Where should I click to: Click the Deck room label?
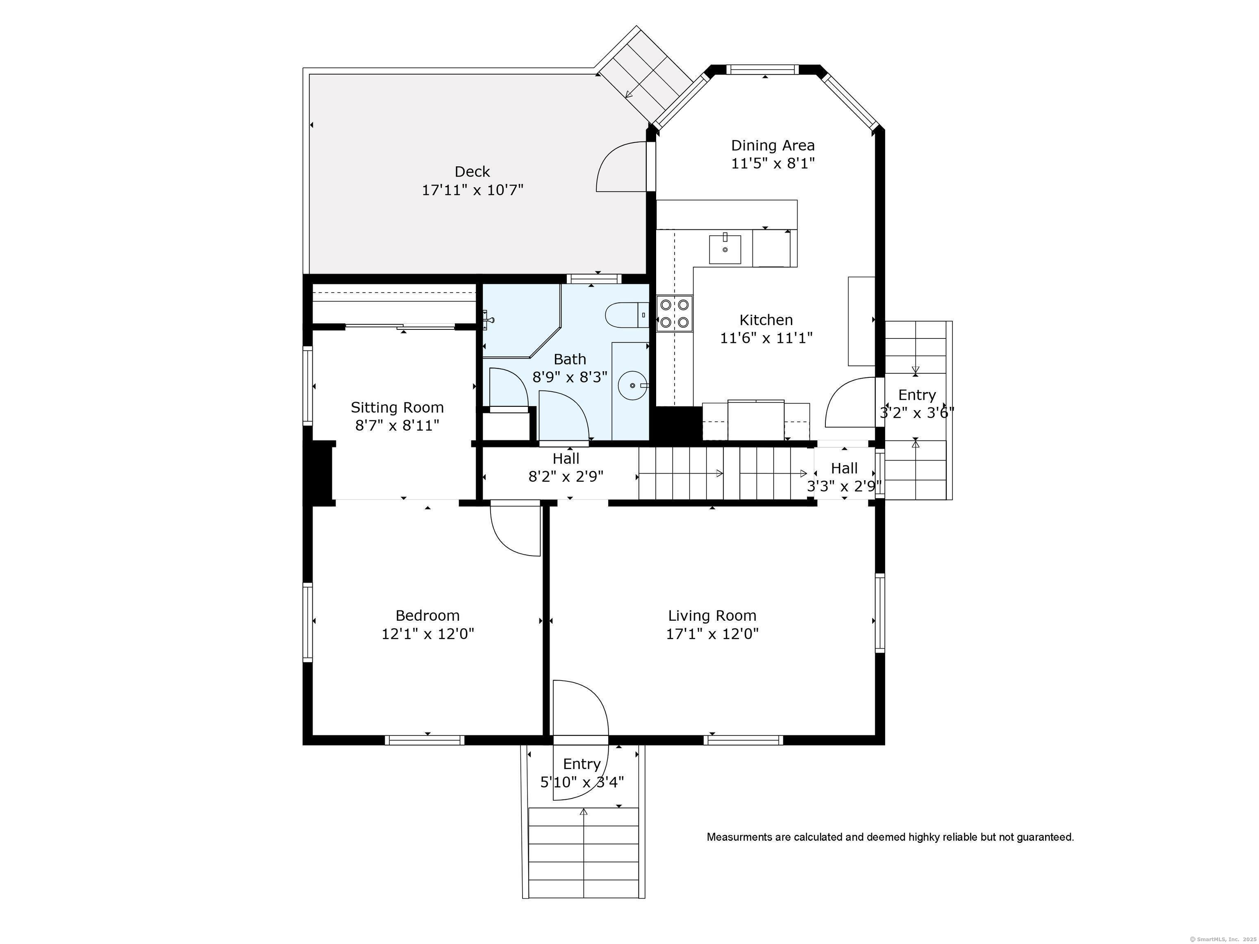[x=473, y=171]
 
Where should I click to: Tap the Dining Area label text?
[x=773, y=146]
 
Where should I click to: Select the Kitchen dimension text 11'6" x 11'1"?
[x=766, y=338]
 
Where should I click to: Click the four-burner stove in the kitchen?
[x=675, y=313]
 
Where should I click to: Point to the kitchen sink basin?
[x=725, y=249]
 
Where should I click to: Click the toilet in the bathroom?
[x=627, y=315]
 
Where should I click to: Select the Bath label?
[x=570, y=360]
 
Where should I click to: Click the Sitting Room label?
[x=397, y=407]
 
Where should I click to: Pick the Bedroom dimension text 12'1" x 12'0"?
[x=427, y=634]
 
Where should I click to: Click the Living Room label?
[x=712, y=616]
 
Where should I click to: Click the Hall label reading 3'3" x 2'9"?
[x=844, y=486]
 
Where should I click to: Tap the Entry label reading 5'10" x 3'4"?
[x=582, y=782]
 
